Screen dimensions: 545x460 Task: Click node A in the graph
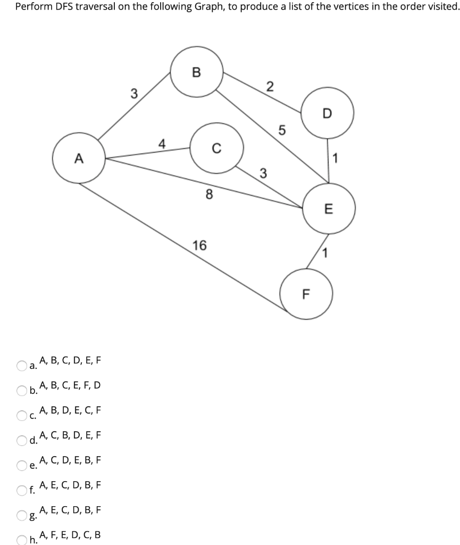click(x=79, y=158)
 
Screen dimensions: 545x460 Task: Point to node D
click(x=327, y=113)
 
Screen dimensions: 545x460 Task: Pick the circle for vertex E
click(x=328, y=209)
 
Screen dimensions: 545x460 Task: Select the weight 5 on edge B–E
click(x=282, y=129)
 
